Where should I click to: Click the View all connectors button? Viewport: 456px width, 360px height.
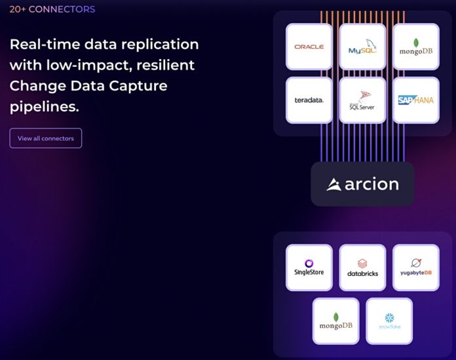[x=45, y=138]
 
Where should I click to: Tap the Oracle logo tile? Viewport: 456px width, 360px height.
[x=309, y=47]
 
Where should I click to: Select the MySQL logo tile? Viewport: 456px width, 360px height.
[x=362, y=47]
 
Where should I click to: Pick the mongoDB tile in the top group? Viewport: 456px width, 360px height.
[x=415, y=47]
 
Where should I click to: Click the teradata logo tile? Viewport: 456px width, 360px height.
[x=309, y=100]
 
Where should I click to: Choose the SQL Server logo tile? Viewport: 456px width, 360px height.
[x=362, y=100]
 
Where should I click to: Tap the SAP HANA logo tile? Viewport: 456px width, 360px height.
[x=415, y=100]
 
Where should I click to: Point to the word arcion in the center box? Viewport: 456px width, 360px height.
[x=371, y=184]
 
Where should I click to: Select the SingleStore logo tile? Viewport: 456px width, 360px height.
[x=309, y=268]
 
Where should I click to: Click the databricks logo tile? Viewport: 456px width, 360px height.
[x=362, y=268]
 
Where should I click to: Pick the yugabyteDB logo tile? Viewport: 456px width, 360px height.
[x=415, y=268]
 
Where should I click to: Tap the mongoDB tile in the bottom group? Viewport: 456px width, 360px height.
[x=335, y=321]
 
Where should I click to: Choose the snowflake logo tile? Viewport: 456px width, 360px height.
[x=389, y=321]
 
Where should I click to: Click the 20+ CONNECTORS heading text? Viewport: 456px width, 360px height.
[x=52, y=9]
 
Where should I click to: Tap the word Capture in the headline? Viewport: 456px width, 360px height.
[x=131, y=86]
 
